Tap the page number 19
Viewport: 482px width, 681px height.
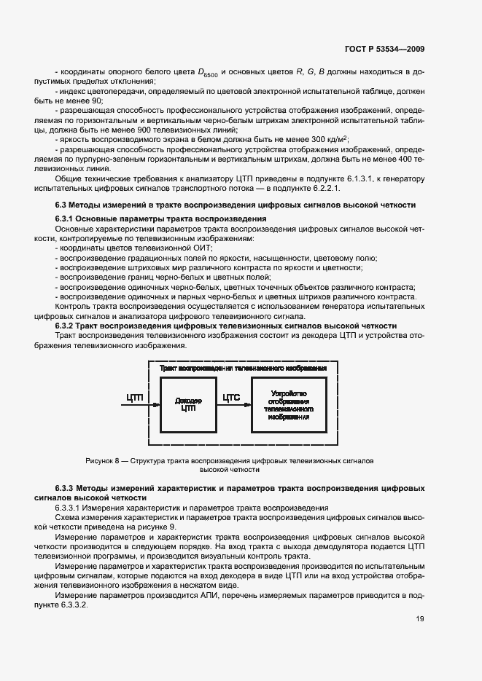click(420, 619)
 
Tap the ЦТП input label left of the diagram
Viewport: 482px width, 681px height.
click(135, 398)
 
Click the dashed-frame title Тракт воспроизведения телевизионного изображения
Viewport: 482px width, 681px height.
click(243, 369)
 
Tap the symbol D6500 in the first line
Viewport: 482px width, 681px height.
click(208, 72)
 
